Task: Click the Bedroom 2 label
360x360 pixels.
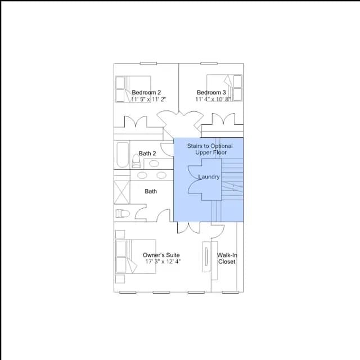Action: pos(146,92)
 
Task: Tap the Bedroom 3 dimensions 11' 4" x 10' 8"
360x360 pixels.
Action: pos(213,99)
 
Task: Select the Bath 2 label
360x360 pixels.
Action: pos(147,154)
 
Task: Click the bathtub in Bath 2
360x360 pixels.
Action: pos(123,155)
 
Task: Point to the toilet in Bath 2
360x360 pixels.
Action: pos(136,161)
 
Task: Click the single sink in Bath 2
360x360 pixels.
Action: pos(154,164)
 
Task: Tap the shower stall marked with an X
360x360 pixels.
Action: pos(121,192)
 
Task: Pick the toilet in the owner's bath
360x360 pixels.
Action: pos(123,214)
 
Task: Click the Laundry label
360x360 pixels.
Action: pos(209,177)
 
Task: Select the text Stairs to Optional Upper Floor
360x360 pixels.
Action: pos(210,149)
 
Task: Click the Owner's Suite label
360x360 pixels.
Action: pos(161,255)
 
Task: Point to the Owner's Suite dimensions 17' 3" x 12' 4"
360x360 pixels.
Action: pos(163,262)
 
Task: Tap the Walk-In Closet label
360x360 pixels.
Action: pos(227,258)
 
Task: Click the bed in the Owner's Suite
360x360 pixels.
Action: pos(136,256)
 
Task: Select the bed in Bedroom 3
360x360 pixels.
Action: pos(224,88)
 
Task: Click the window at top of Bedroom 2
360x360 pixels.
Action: pos(148,64)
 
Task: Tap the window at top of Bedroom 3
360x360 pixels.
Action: pos(209,64)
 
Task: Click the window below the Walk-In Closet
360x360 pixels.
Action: pos(230,292)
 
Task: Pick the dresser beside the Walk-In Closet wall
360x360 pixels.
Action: pos(206,256)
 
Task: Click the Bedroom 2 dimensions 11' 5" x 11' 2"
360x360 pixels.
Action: pos(148,99)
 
